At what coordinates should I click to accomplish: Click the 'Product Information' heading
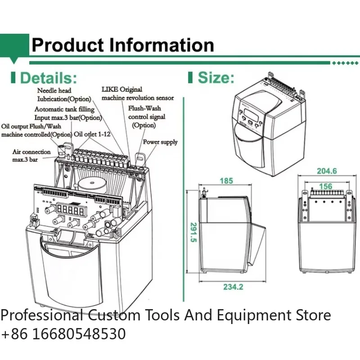122,45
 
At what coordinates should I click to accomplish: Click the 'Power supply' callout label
160,142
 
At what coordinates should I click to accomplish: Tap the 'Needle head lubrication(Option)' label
63,95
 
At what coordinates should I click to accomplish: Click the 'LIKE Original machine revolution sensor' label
137,94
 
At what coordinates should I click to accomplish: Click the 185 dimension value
226,181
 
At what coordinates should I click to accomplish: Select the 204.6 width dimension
327,171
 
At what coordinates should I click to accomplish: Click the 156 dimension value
325,186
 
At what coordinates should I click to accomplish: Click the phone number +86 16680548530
63,334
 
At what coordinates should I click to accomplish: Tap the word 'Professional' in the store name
41,315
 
